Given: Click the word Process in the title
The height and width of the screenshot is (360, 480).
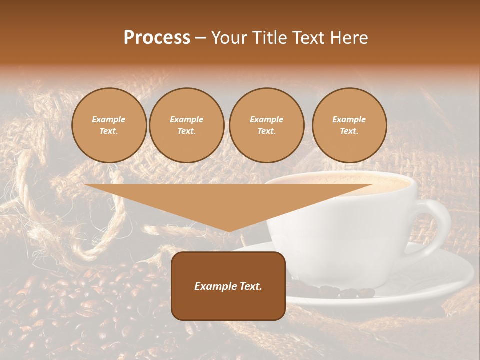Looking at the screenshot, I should click(157, 38).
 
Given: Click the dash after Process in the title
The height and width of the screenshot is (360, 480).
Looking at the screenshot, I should click(200, 39).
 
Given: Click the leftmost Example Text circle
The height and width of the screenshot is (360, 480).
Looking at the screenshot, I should click(109, 125).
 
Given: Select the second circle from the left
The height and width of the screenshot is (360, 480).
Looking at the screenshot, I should click(186, 125).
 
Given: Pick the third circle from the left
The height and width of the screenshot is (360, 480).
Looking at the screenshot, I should click(266, 125).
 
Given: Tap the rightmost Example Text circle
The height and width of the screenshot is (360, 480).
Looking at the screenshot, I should click(349, 125).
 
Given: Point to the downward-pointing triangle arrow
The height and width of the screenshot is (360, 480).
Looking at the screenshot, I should click(228, 205).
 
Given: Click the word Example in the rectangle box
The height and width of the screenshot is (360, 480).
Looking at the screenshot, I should click(216, 286).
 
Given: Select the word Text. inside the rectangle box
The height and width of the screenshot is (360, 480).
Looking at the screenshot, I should click(251, 286).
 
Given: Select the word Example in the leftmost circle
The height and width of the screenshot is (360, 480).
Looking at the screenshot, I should click(109, 119).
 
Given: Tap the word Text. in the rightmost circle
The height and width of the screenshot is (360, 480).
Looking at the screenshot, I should click(349, 131).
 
